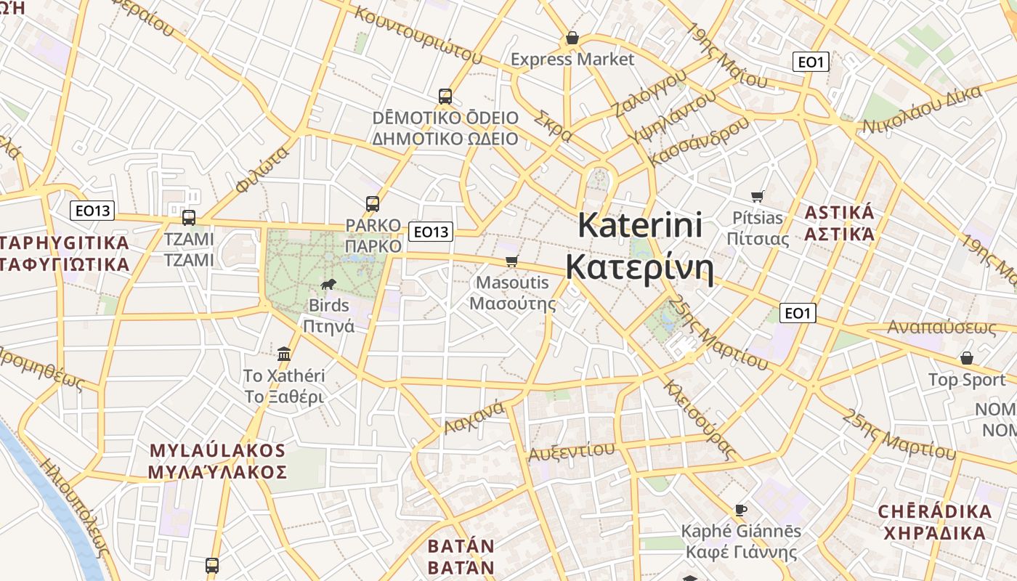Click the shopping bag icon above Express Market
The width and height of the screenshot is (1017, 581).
tap(572, 38)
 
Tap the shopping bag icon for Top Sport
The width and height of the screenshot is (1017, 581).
tap(966, 358)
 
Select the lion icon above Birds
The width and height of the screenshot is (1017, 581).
tap(328, 284)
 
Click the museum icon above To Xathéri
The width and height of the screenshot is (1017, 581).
tap(284, 354)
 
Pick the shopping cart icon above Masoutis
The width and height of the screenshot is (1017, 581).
tap(512, 261)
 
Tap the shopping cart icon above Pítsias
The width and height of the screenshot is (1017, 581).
tap(758, 195)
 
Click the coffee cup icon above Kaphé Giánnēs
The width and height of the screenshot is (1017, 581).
tap(741, 510)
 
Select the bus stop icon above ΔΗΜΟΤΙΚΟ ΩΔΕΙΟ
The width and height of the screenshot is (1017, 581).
tap(445, 96)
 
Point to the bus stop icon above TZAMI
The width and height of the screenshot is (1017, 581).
tap(189, 217)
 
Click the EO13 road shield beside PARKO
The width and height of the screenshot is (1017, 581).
tap(431, 232)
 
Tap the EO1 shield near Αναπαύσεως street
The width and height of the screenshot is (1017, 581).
tap(797, 313)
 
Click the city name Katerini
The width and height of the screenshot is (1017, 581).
tap(639, 225)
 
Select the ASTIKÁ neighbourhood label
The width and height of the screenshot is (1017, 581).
tap(839, 214)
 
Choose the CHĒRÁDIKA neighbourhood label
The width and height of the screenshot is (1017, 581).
tap(935, 511)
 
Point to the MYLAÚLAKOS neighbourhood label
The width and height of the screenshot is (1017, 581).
tap(217, 450)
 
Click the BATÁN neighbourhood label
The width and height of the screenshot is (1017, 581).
tap(461, 546)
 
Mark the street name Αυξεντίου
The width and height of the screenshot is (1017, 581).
tap(571, 451)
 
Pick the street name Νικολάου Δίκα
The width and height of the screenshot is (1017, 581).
tap(922, 110)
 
